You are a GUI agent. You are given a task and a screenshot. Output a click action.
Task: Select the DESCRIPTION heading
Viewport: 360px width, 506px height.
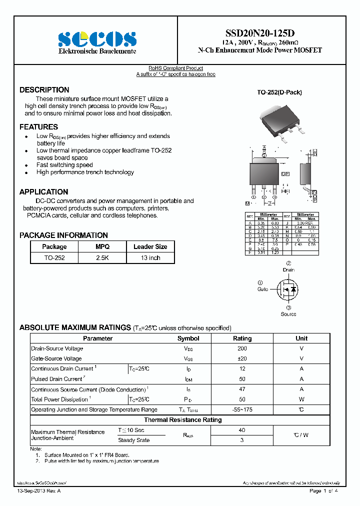[x=44, y=90]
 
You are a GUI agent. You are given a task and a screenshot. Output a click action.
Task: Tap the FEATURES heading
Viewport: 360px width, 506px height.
[x=38, y=127]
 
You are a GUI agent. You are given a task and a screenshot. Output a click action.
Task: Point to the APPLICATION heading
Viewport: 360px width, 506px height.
[x=43, y=192]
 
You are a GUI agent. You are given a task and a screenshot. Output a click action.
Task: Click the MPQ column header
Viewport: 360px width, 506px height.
[x=102, y=246]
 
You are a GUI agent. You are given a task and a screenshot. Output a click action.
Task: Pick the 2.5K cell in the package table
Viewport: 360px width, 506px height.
[x=102, y=258]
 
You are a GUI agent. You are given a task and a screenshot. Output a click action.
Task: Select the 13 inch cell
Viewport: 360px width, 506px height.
[x=150, y=258]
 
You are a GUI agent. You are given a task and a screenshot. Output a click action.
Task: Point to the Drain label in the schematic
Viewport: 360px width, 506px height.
[x=288, y=270]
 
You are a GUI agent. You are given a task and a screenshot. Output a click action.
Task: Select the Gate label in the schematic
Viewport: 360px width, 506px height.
[x=263, y=289]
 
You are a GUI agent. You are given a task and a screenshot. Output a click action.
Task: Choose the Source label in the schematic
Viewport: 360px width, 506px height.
[x=288, y=314]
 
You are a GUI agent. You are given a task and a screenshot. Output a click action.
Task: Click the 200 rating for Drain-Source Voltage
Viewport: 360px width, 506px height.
[x=242, y=348]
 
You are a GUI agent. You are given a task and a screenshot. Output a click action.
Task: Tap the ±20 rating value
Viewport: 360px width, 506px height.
[x=242, y=358]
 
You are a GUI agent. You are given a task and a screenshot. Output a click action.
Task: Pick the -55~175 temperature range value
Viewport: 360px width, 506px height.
[x=242, y=409]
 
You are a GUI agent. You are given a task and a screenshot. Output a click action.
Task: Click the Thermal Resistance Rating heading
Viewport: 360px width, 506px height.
[x=182, y=420]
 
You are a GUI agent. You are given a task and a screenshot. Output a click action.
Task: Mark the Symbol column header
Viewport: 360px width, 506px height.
[x=188, y=338]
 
